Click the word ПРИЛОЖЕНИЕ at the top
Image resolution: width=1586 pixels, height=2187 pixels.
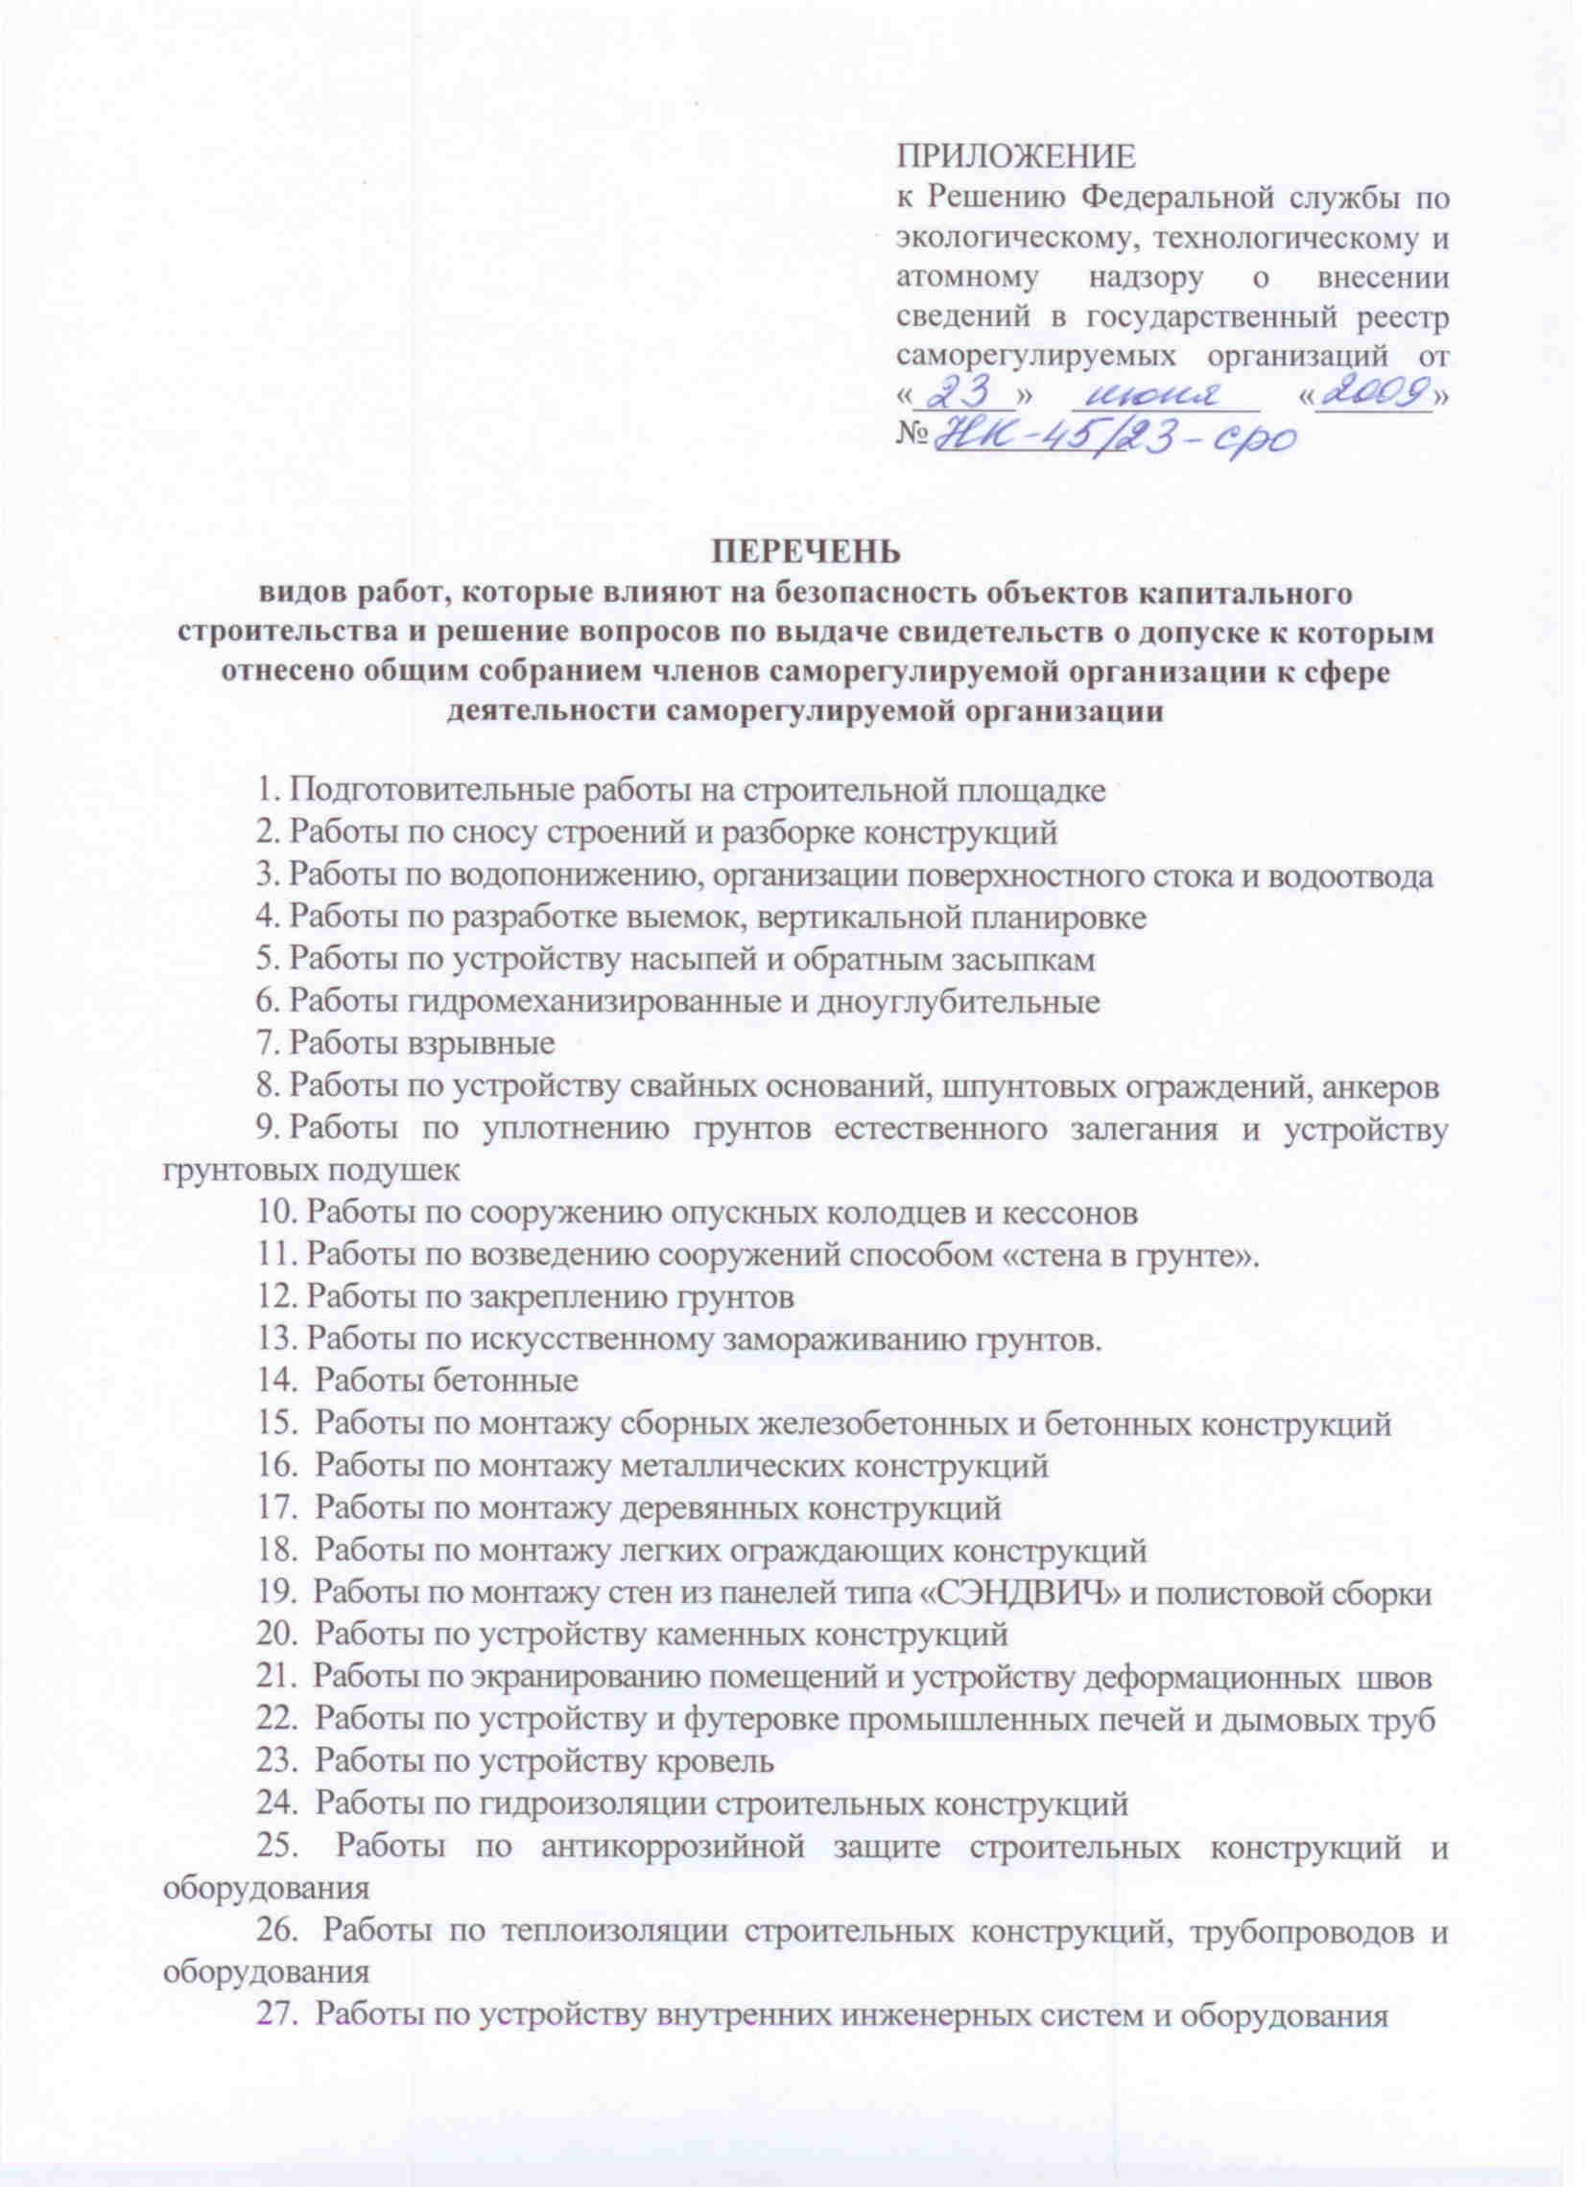1015,155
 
